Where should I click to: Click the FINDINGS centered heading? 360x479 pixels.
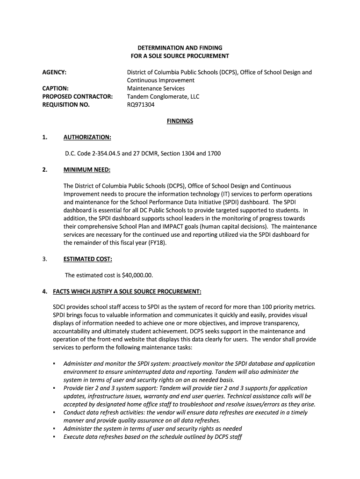(x=180, y=121)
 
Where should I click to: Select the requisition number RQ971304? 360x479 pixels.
(x=141, y=105)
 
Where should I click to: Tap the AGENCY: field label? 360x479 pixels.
(x=54, y=73)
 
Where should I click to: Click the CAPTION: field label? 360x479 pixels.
(x=56, y=88)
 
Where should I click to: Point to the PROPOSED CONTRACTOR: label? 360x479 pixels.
(x=77, y=97)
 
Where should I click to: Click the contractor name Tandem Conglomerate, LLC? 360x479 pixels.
(x=163, y=97)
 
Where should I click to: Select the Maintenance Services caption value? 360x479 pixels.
(x=156, y=88)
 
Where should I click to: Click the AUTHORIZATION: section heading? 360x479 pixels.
(x=87, y=138)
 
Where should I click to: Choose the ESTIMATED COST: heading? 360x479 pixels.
(x=87, y=259)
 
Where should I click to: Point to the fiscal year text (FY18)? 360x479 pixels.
(x=158, y=243)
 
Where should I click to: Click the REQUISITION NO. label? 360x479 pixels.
(x=66, y=105)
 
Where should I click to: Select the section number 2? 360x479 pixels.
(x=44, y=170)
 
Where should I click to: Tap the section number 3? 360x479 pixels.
(x=44, y=259)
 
